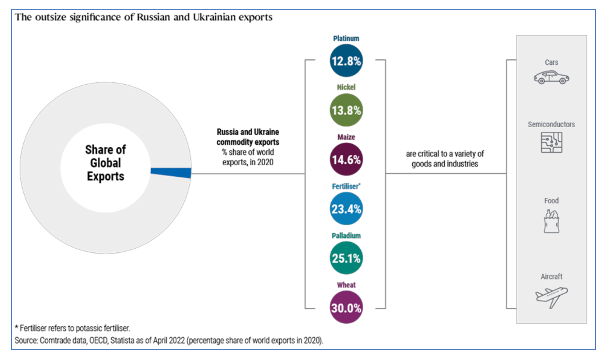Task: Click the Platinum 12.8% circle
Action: pyautogui.click(x=346, y=61)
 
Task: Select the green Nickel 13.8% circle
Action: pyautogui.click(x=346, y=110)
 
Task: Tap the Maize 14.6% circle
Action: pyautogui.click(x=346, y=159)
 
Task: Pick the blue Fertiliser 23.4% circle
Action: pyautogui.click(x=346, y=209)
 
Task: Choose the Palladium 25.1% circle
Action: pyautogui.click(x=346, y=258)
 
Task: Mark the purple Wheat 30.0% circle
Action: pyautogui.click(x=346, y=308)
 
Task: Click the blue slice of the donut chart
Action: pyautogui.click(x=171, y=173)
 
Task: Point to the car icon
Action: pyautogui.click(x=551, y=78)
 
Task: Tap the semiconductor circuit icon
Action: pyautogui.click(x=551, y=142)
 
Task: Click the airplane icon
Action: pyautogui.click(x=551, y=297)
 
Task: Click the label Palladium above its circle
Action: pyautogui.click(x=346, y=236)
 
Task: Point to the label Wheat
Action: pyautogui.click(x=346, y=285)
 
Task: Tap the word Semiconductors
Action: pyautogui.click(x=551, y=125)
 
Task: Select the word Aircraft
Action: pyautogui.click(x=551, y=277)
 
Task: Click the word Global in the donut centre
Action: pyautogui.click(x=105, y=163)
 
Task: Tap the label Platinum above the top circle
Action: pyautogui.click(x=346, y=38)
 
